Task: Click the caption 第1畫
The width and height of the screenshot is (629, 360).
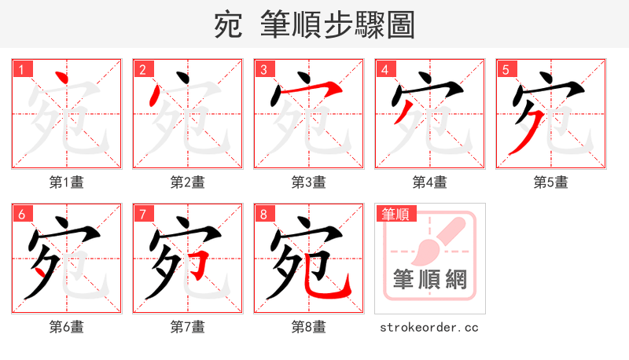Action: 67,182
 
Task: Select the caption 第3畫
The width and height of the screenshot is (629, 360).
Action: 309,182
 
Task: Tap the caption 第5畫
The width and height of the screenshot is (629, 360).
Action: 550,182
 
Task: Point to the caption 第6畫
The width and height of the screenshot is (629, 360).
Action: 67,327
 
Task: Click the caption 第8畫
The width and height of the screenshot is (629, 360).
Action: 309,327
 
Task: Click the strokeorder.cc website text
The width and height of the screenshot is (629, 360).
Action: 429,327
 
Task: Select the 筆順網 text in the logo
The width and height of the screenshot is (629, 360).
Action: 429,280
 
